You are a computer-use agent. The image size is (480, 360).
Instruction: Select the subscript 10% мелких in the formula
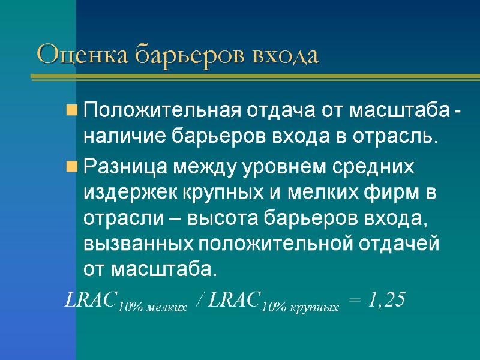pos(152,307)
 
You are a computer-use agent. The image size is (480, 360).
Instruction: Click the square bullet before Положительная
pos(71,111)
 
